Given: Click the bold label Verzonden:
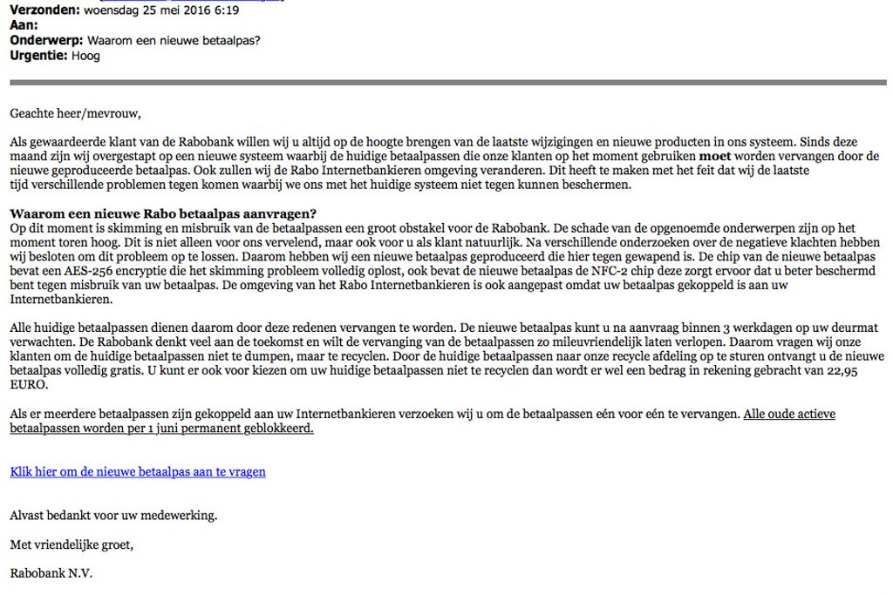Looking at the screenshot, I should tap(44, 10).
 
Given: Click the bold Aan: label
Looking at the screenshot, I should tap(24, 25).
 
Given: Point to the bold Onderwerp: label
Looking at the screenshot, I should tap(46, 41).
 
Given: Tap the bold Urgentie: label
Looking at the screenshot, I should tap(39, 56).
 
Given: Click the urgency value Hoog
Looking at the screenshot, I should tap(86, 56).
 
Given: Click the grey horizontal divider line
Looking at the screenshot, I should tap(446, 83).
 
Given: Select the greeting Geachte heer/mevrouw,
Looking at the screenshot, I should tap(75, 113).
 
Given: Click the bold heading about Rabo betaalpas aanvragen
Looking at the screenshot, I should tap(163, 213).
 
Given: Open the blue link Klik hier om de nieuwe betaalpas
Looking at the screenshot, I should tap(138, 471).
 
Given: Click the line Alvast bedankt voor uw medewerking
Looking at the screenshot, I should tap(113, 515).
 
